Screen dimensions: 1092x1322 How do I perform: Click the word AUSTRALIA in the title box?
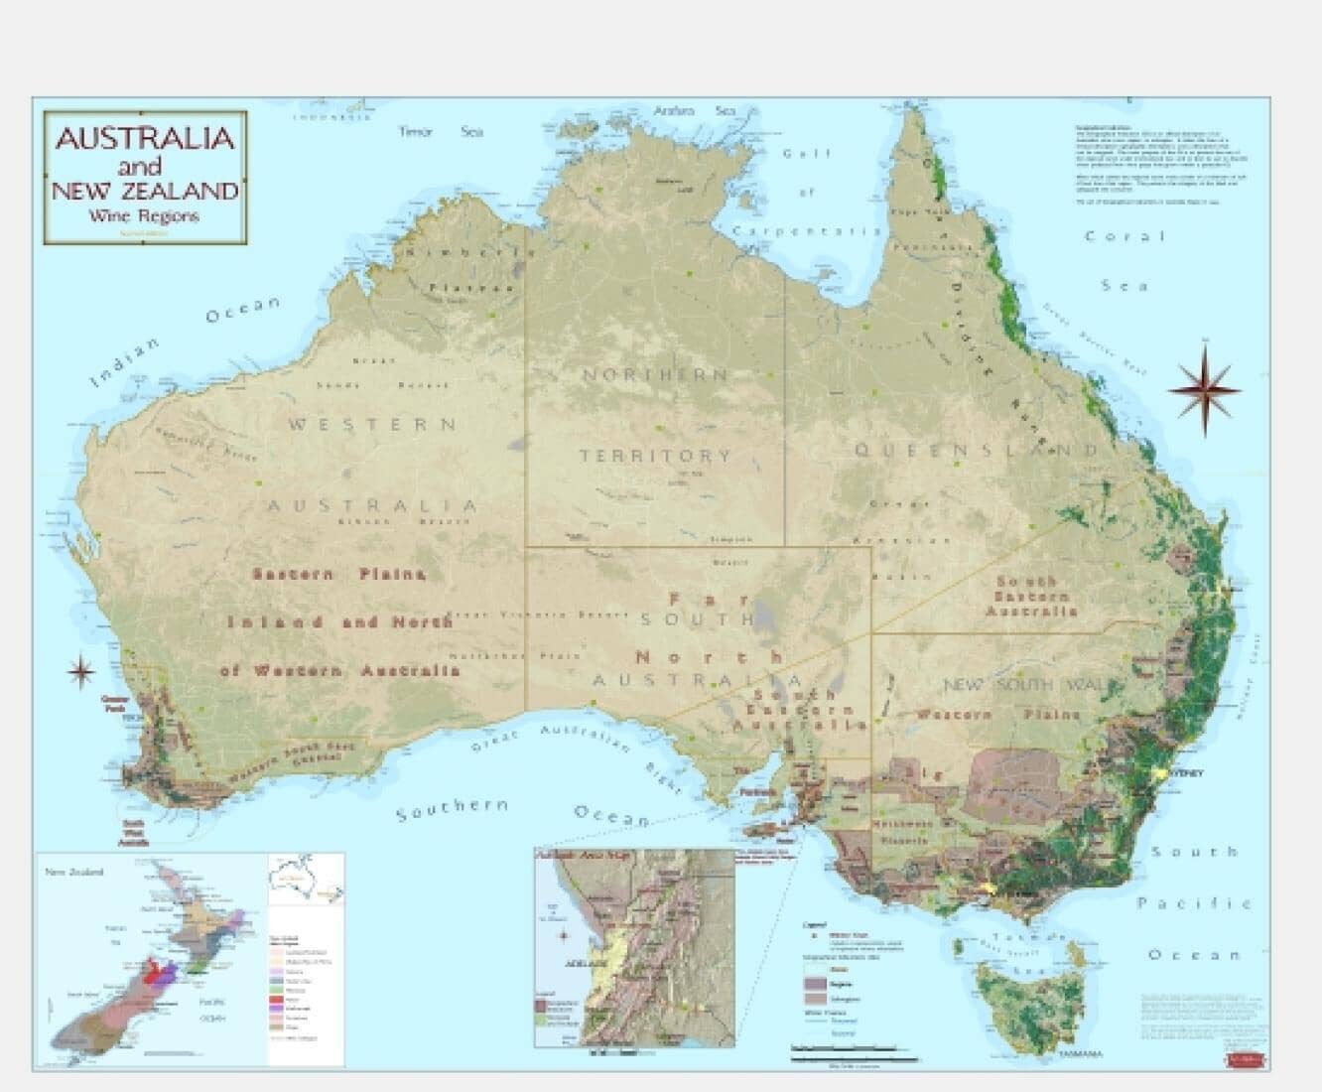point(145,138)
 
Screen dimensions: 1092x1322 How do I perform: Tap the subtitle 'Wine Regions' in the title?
point(143,216)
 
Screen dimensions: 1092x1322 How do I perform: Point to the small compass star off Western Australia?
point(80,672)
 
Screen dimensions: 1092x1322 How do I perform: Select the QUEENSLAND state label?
point(979,451)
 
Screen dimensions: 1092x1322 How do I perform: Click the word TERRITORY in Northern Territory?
point(655,457)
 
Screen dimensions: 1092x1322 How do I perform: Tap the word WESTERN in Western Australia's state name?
point(372,425)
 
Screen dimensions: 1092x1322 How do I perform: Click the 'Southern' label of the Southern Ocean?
point(453,809)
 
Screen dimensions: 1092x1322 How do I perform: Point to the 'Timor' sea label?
point(415,132)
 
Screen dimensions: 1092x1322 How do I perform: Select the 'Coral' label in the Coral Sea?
point(1124,236)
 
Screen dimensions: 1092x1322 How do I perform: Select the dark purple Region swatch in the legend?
point(814,982)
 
